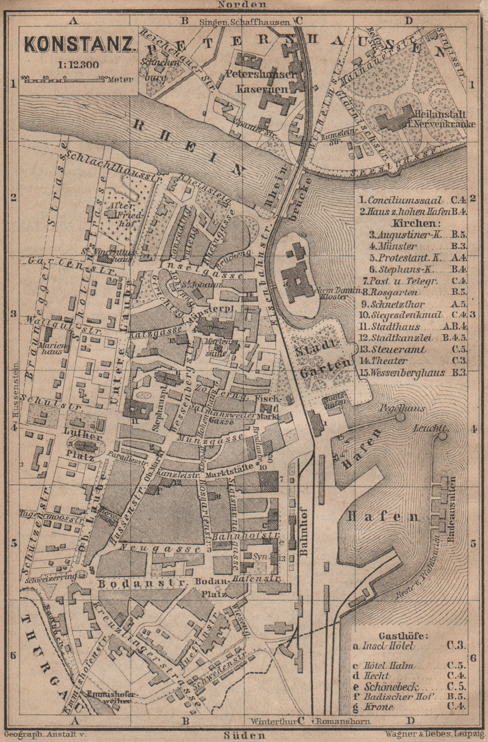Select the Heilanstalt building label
coord(433,119)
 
